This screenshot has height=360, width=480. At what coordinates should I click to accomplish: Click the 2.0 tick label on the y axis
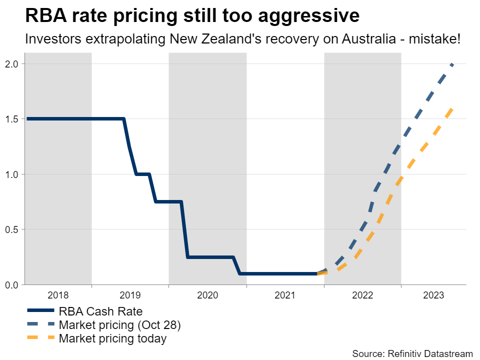[x=12, y=64]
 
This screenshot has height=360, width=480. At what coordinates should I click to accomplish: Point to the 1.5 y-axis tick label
[x=12, y=119]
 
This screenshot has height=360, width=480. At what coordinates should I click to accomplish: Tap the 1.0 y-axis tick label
[x=12, y=174]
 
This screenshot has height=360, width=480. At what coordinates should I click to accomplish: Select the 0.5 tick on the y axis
[x=12, y=229]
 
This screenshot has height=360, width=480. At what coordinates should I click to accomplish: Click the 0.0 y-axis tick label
[x=12, y=285]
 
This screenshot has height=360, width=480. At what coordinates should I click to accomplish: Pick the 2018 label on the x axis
[x=58, y=295]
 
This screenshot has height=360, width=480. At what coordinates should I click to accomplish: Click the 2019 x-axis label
[x=130, y=295]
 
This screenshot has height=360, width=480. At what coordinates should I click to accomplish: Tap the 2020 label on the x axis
[x=207, y=295]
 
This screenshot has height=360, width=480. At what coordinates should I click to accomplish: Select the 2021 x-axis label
[x=285, y=295]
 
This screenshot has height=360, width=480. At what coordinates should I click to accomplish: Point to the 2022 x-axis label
[x=362, y=295]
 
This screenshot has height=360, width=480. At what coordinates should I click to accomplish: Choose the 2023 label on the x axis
[x=433, y=295]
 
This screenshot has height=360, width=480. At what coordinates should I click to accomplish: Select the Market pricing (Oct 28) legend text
[x=119, y=325]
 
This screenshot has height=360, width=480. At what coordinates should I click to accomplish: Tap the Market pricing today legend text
[x=112, y=338]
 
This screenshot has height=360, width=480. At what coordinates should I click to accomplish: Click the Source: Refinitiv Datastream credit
[x=412, y=353]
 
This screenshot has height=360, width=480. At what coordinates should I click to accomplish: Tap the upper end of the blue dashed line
[x=452, y=64]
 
